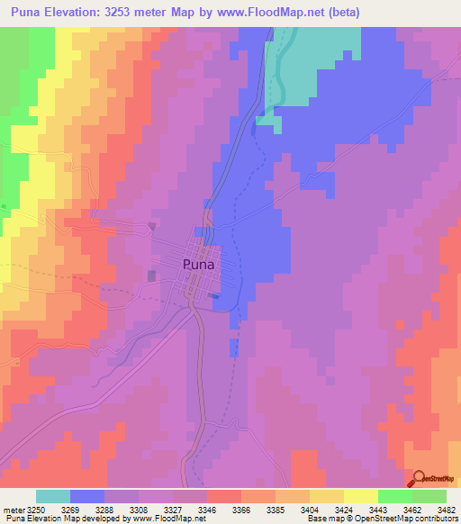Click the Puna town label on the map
[x=198, y=265]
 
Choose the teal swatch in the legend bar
[x=53, y=496]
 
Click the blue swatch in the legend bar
[x=87, y=496]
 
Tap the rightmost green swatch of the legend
[x=429, y=496]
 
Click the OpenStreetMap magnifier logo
[x=418, y=479]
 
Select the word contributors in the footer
[x=431, y=519]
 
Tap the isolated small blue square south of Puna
[x=234, y=347]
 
